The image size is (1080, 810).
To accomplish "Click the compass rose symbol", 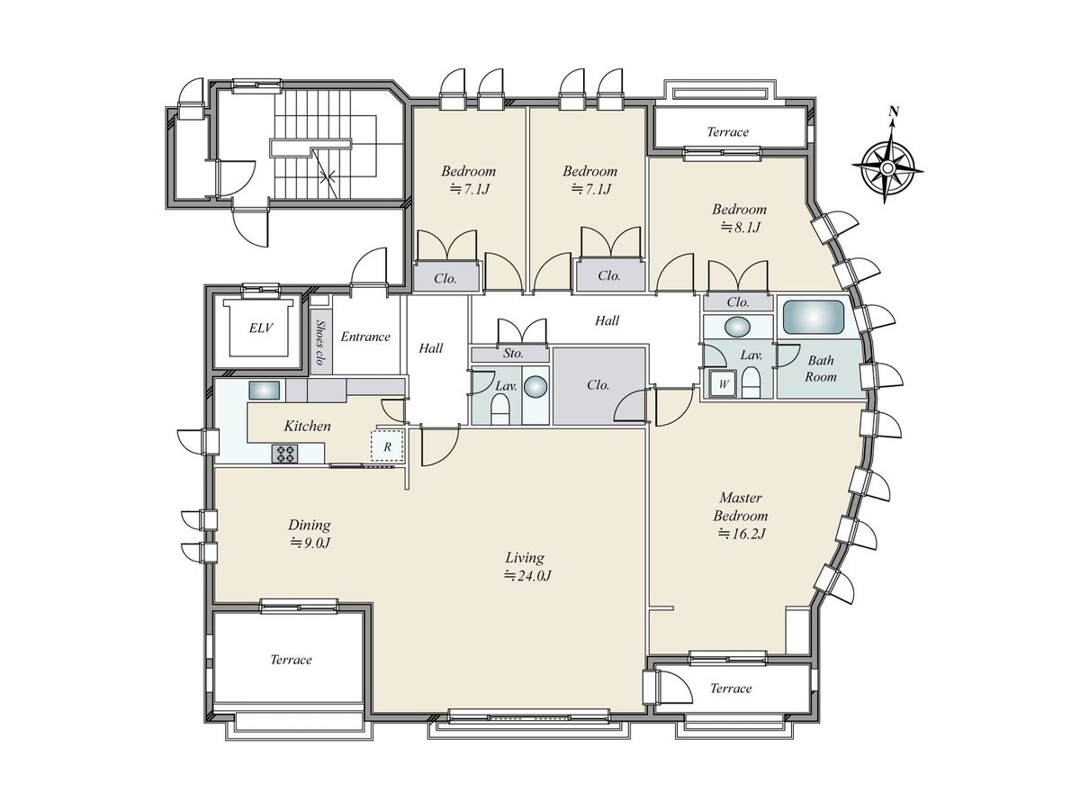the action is tap(887, 167).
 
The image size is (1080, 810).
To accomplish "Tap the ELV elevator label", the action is tap(261, 328).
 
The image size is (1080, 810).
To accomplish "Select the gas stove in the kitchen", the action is tap(285, 454).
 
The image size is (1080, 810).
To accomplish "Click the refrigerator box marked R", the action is tap(387, 445).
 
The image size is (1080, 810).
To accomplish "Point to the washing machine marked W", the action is tap(723, 384).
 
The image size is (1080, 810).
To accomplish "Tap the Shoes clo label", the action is tap(320, 342).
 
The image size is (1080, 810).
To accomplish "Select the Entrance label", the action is tap(365, 337).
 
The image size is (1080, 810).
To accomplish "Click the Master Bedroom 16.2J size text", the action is tap(742, 533).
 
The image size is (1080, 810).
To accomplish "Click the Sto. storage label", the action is tap(513, 353).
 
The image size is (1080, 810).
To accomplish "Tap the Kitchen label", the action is tap(308, 426).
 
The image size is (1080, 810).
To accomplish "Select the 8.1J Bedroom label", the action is tap(740, 218).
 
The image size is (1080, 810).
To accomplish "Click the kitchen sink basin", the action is tap(265, 391).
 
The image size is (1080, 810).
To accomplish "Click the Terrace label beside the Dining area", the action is tap(291, 660).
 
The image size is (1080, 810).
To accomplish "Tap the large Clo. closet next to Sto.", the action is tap(598, 384).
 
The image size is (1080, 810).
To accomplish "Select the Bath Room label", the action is tap(821, 368).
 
